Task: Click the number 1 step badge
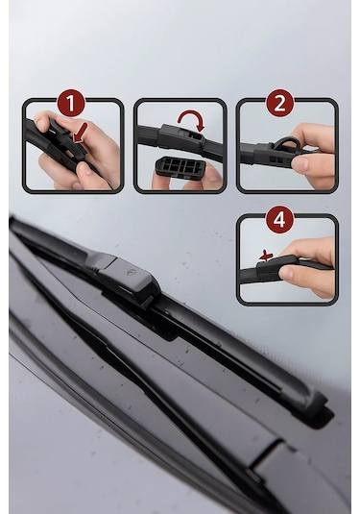pos(71,103)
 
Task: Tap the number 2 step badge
pos(279,103)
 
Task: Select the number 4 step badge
pos(279,219)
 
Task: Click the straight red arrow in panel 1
pos(81,133)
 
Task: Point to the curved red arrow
pos(191,119)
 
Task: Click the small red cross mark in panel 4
pos(266,256)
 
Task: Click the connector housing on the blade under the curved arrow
pos(180,135)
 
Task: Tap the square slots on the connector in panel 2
pos(276,159)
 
